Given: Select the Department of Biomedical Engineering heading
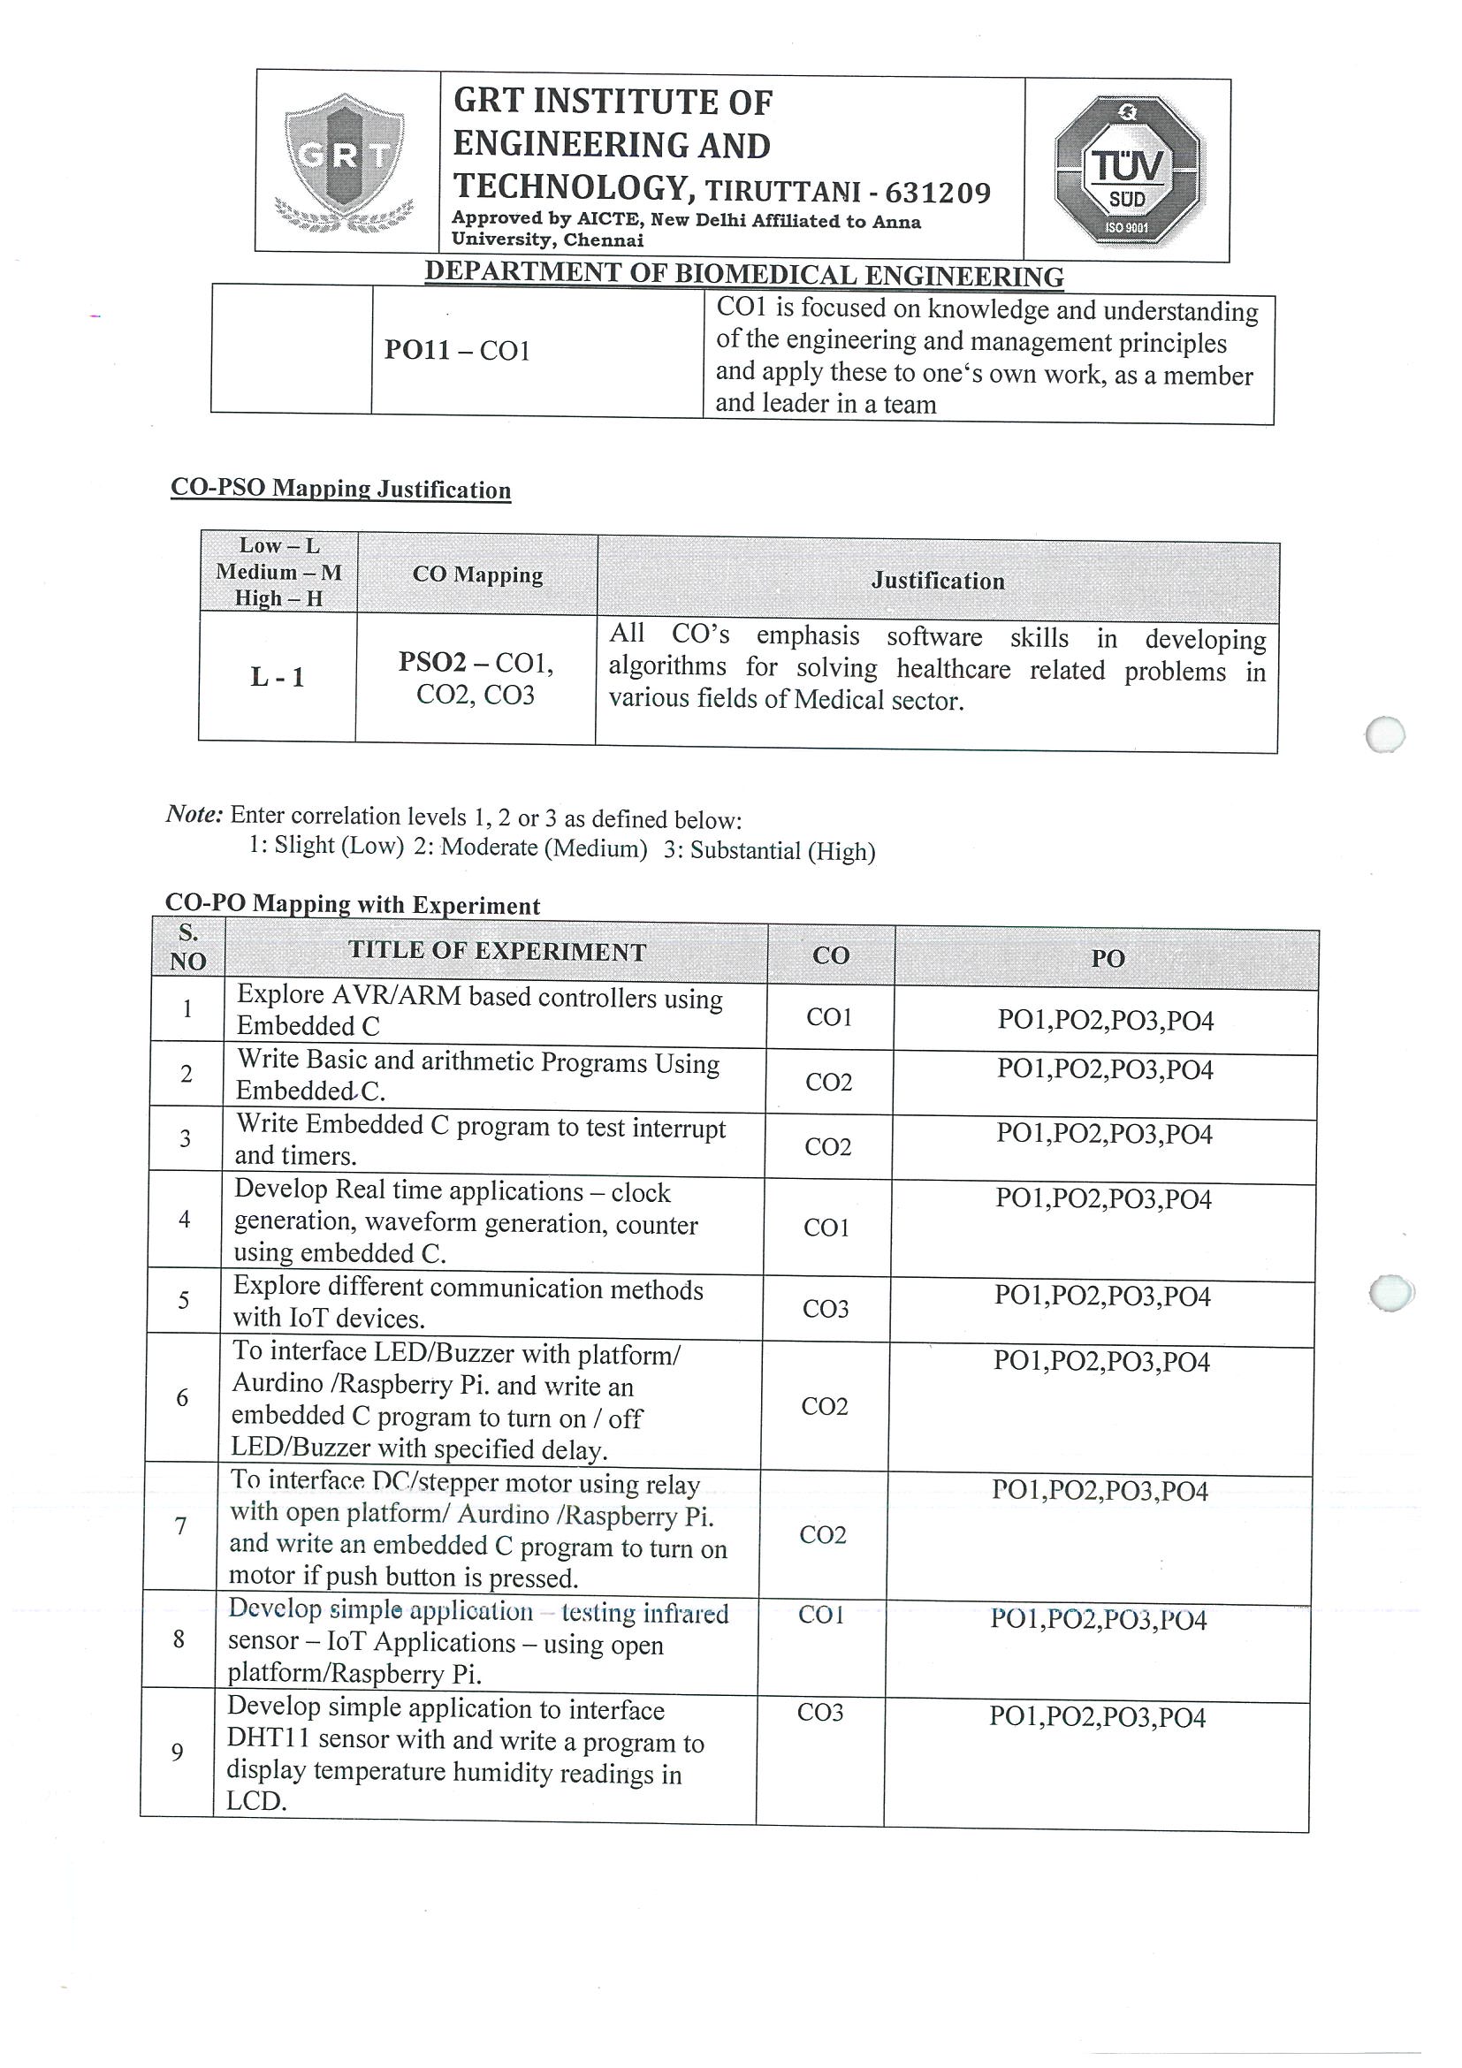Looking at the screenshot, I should click(744, 274).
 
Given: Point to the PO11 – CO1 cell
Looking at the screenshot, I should click(458, 350).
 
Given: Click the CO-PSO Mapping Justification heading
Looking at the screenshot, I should click(340, 489).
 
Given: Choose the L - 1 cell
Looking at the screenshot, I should click(278, 677).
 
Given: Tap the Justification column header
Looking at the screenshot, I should click(938, 581).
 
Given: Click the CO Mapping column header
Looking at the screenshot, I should click(477, 574).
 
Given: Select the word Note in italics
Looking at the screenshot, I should click(194, 814).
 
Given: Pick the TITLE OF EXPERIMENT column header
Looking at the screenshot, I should click(498, 952).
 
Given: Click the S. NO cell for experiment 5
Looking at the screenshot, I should click(183, 1300).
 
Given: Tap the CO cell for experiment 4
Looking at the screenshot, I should click(827, 1228).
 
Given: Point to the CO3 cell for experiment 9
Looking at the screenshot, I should click(819, 1712).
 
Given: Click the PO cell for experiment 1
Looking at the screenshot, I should click(1105, 1021).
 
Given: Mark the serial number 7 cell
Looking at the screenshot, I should click(180, 1525).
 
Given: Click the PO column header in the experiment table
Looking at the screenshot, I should click(1108, 958).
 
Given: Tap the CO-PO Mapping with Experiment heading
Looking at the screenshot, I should click(352, 905).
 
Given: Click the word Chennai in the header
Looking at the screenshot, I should click(604, 239).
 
